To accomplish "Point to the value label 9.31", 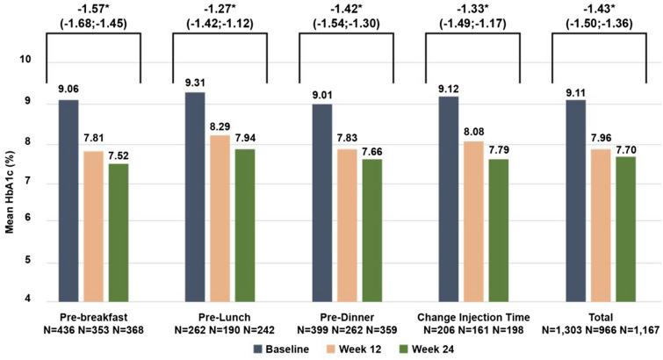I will click(x=194, y=83).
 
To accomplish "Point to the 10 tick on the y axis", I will click(x=26, y=60).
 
